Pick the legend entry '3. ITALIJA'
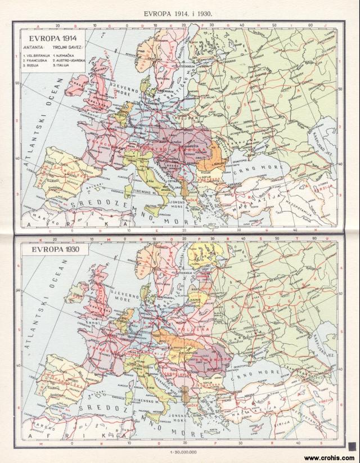pos(63,65)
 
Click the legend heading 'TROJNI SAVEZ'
pos(68,48)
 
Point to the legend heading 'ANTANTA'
pos(32,48)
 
